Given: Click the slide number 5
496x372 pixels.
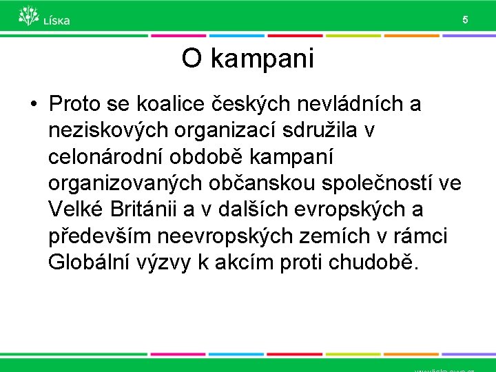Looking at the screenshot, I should [x=465, y=20].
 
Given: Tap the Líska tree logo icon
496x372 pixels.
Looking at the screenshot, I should [x=28, y=16].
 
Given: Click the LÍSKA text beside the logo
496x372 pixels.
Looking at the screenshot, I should [x=56, y=21].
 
